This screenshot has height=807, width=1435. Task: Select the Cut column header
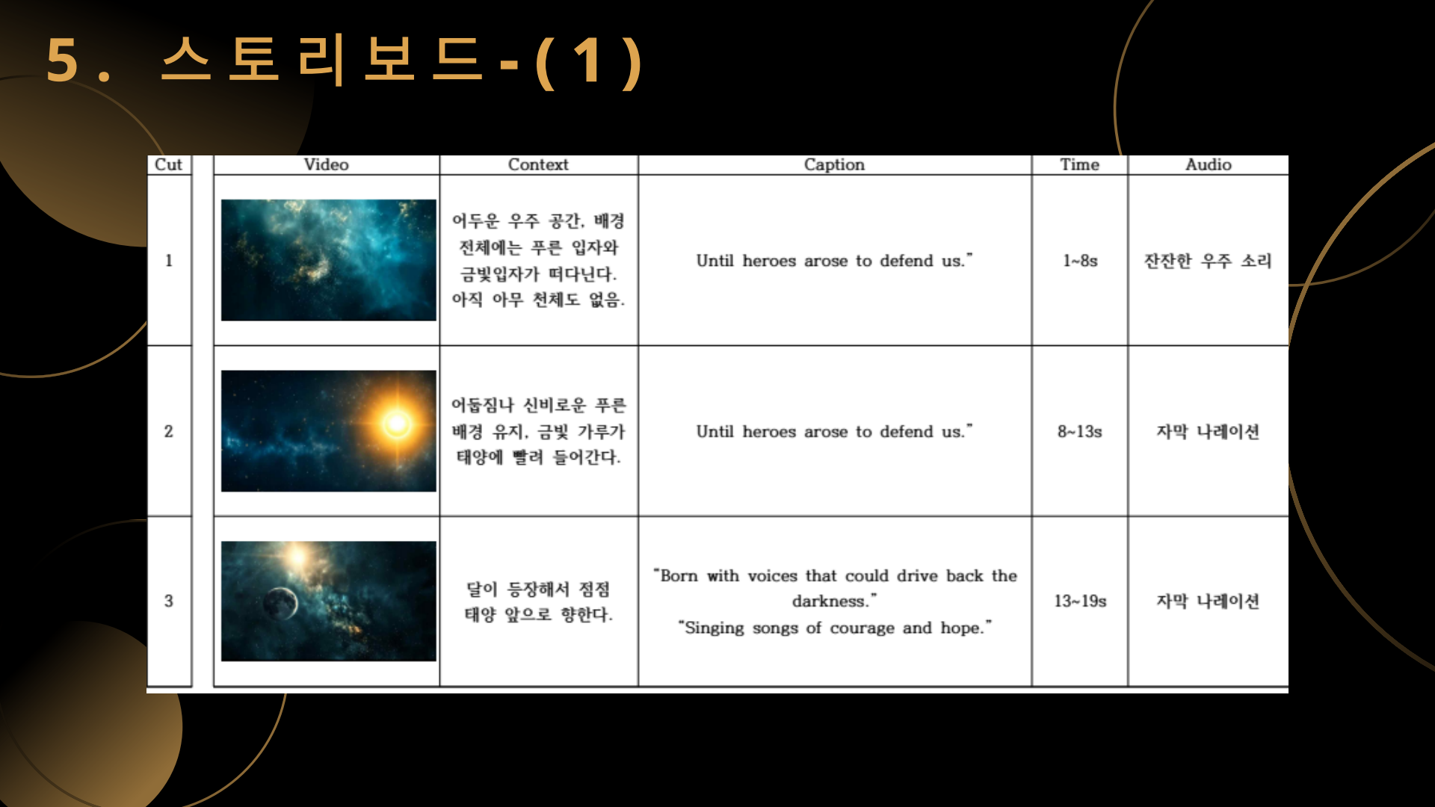pos(168,164)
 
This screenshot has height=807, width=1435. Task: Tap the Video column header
pos(326,164)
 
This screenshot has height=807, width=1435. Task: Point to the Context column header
pos(538,164)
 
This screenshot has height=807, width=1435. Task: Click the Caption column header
pos(834,164)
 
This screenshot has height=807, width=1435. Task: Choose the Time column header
pos(1079,164)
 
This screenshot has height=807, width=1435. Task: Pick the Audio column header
pos(1208,164)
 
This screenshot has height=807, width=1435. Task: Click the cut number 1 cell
pos(169,261)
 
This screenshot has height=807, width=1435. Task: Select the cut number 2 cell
pos(169,431)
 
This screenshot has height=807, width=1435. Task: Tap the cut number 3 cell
pos(169,601)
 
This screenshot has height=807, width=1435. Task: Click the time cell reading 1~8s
pos(1080,261)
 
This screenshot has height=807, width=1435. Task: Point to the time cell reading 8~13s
pos(1079,431)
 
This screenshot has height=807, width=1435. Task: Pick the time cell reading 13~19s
pos(1080,601)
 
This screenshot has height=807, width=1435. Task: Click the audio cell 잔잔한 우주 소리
pos(1208,261)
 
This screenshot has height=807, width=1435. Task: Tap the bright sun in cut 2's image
pos(397,424)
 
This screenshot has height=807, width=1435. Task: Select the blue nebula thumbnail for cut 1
pos(329,260)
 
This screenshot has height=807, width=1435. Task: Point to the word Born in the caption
pos(679,575)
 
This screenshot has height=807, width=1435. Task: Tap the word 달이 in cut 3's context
pos(482,589)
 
